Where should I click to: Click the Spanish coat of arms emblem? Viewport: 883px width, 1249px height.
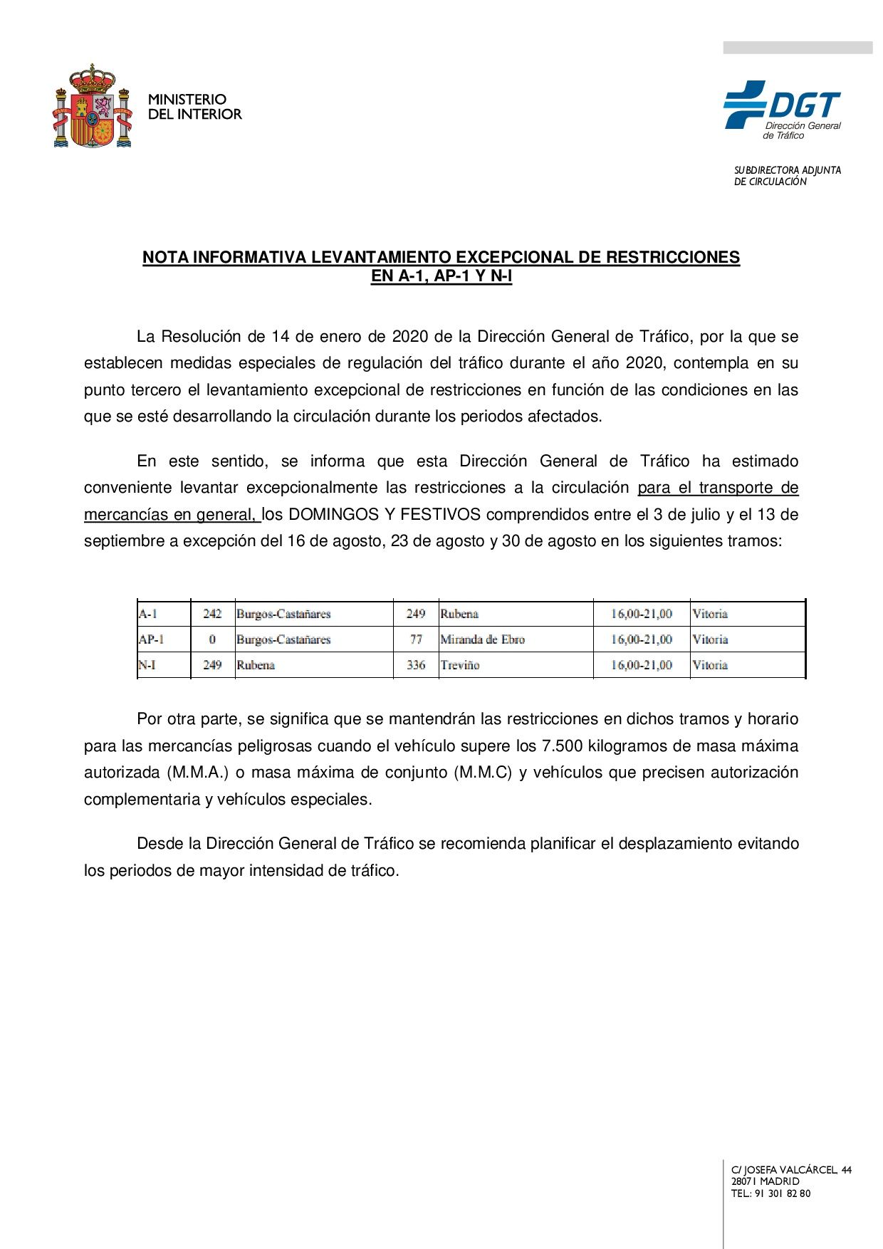(93, 107)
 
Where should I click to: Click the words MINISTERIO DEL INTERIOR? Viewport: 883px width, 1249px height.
(194, 107)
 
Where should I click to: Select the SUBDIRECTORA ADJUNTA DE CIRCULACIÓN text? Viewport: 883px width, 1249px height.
(787, 176)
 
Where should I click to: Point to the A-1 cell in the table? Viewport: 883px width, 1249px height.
(148, 614)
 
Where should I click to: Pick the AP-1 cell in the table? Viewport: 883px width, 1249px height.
(151, 639)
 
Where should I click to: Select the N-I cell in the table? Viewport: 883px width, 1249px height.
(147, 665)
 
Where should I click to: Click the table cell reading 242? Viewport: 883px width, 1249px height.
(212, 614)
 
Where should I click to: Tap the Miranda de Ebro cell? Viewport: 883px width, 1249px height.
(482, 639)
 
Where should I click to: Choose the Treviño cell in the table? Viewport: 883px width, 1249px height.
(460, 665)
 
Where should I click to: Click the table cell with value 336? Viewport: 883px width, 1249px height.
(416, 665)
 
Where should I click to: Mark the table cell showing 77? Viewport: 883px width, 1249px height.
(416, 639)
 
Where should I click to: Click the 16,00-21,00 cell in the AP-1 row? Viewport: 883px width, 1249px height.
(641, 639)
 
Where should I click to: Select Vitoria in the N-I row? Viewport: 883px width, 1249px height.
(710, 665)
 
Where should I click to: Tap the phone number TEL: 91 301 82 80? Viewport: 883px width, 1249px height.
(770, 1193)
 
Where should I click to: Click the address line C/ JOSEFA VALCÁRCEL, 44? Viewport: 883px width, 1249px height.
(791, 1170)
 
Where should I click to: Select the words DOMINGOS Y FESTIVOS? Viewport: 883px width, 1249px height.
(385, 514)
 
